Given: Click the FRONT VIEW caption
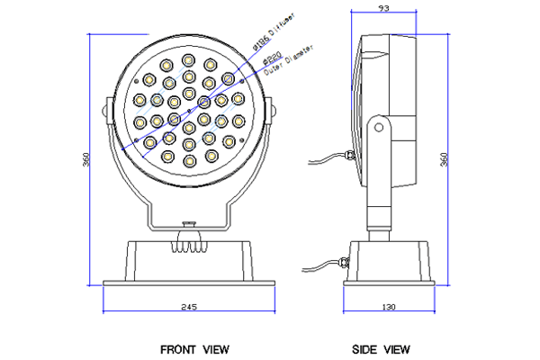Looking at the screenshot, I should [x=194, y=348].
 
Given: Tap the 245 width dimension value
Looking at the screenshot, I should [x=189, y=307].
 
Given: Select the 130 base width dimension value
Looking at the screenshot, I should [x=389, y=307].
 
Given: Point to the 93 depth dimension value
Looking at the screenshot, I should [x=383, y=9].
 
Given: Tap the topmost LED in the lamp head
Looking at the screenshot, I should [x=188, y=59].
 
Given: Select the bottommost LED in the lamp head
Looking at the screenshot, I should [x=188, y=161].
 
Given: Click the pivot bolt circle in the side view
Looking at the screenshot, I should [x=380, y=129].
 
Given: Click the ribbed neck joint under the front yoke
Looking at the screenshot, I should [x=188, y=238].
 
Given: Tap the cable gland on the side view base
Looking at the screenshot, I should [x=343, y=263].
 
